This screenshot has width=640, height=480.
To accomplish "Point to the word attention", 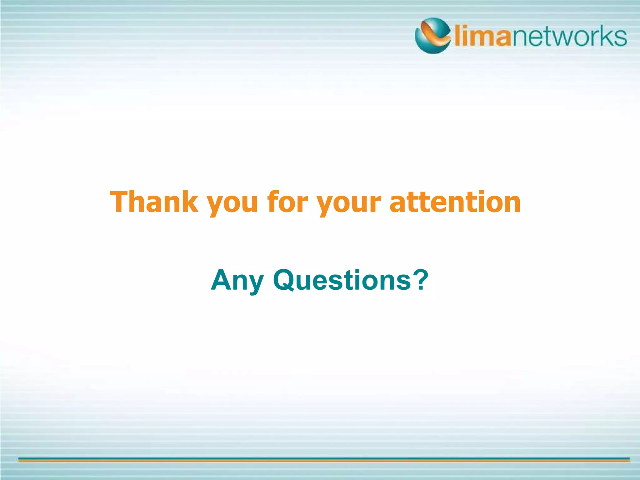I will [455, 202].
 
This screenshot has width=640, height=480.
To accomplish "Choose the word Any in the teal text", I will [237, 280].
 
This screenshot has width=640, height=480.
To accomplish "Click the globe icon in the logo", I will [433, 36].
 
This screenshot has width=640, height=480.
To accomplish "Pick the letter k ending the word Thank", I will [189, 201].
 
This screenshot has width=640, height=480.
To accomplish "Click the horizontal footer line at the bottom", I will [324, 459].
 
